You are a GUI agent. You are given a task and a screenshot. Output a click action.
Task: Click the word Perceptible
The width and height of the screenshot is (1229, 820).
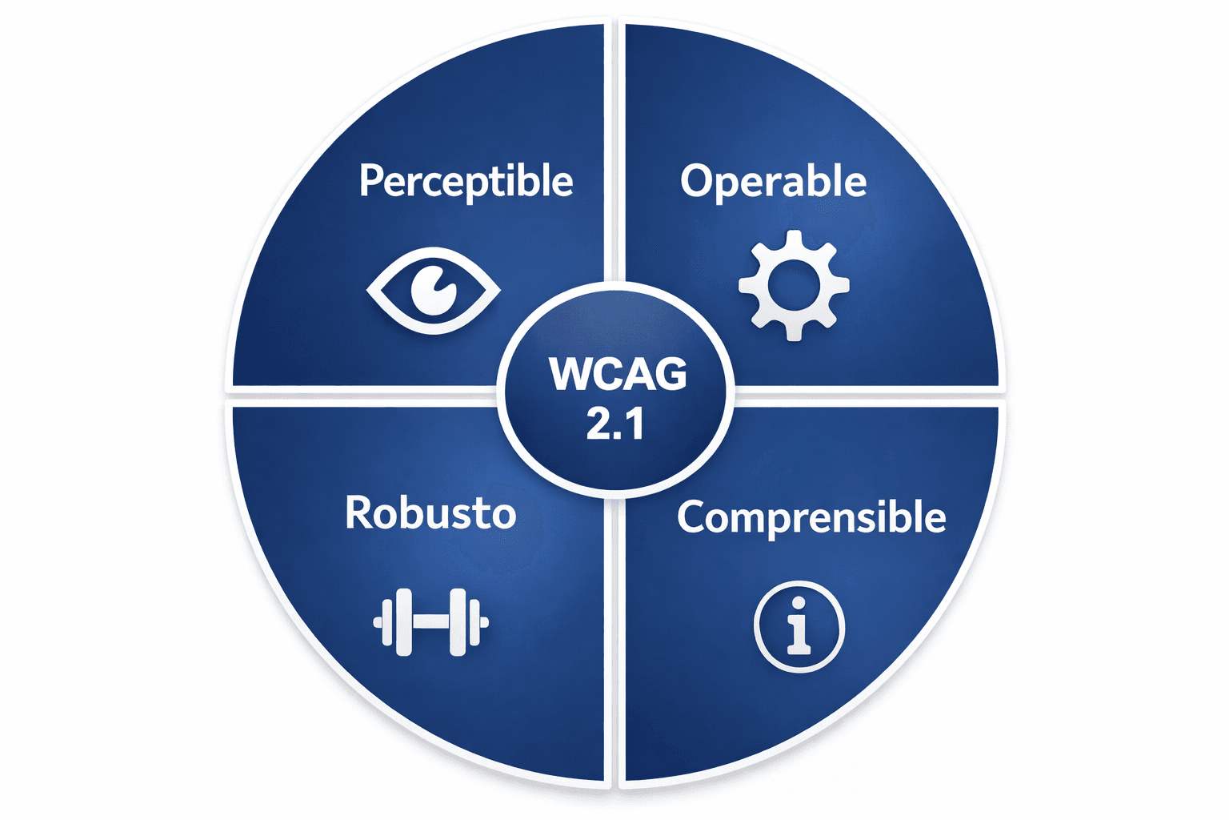[466, 181]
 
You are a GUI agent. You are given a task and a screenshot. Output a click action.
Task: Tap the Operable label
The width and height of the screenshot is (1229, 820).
[773, 181]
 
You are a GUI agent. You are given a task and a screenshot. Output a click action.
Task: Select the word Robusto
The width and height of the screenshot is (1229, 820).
[430, 512]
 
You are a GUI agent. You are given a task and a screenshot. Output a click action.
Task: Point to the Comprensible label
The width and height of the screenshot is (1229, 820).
[811, 517]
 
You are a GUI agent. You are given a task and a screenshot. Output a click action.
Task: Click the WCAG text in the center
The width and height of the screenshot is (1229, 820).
[617, 374]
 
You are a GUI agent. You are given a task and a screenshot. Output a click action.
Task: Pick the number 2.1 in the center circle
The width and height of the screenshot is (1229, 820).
[614, 424]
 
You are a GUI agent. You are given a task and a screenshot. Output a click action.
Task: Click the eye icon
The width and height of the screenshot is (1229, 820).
[433, 290]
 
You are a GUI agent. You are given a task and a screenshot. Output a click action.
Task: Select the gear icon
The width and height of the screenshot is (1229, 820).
[793, 286]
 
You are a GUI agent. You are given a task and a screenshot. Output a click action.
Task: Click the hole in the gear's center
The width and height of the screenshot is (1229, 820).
[793, 286]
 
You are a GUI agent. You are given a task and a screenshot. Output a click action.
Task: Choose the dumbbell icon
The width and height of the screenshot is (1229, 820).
[430, 622]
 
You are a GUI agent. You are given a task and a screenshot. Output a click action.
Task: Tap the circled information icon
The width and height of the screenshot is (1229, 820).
[799, 626]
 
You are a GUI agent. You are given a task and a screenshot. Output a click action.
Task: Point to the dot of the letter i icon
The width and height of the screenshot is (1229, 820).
[798, 603]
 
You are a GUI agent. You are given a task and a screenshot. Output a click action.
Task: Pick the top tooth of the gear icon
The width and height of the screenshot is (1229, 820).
[794, 239]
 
